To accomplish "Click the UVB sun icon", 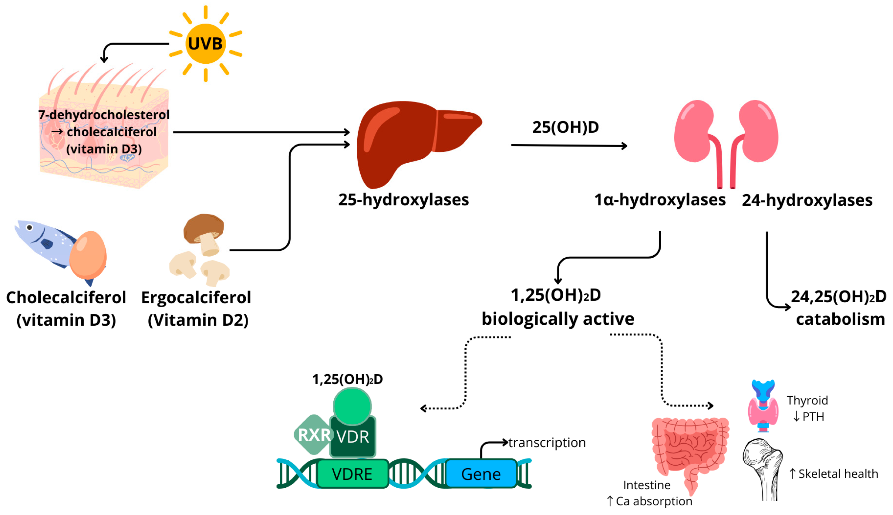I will [205, 43].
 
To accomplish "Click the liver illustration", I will [406, 141].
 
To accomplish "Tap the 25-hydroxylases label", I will [403, 200].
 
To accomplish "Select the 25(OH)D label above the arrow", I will [565, 127].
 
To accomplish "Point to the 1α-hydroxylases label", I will [660, 200].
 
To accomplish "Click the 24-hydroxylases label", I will [807, 200].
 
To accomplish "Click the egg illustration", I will [88, 255].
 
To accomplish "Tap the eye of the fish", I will [30, 227].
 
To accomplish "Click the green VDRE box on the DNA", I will [352, 474].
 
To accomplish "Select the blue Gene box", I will [481, 474].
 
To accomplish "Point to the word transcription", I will [547, 442].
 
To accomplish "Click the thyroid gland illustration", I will [763, 407].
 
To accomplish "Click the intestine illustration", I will [689, 449].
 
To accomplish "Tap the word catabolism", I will [840, 319].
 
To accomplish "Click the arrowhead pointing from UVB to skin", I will [104, 59].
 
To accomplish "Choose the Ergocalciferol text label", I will [196, 297].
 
